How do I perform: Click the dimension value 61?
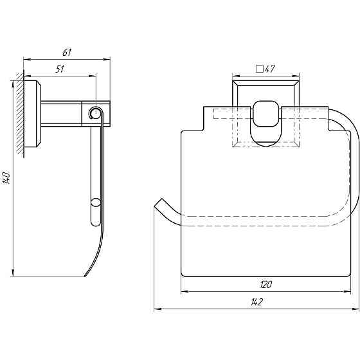pos(67,53)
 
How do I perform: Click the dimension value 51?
pos(60,69)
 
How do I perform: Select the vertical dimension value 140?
pos(6,177)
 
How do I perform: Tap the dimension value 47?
pos(270,69)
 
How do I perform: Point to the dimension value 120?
pos(266,285)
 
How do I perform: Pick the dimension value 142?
pos(256,302)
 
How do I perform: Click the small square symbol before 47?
pos(260,69)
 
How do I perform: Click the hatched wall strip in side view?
pos(20,115)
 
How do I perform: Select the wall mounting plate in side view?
pos(32,114)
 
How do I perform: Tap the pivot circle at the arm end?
pos(95,113)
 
